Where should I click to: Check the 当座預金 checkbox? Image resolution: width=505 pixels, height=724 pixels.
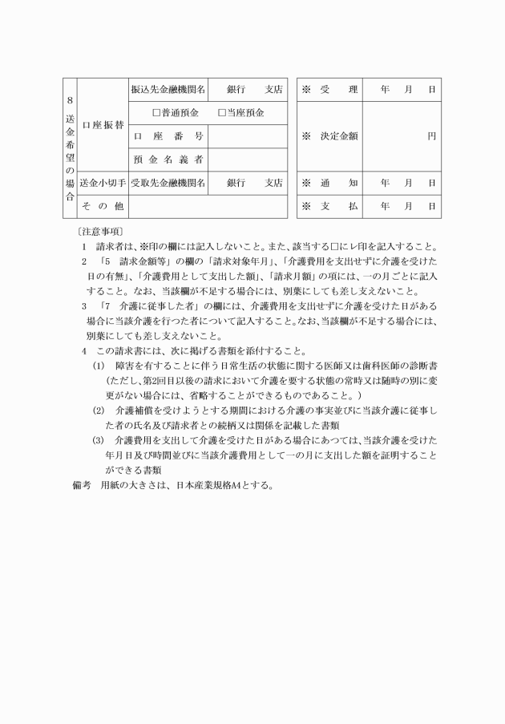tap(222, 112)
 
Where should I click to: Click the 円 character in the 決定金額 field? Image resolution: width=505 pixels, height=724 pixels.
tap(431, 135)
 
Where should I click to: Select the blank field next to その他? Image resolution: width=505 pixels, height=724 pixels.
tap(207, 206)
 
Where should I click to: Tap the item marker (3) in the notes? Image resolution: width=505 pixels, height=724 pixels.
tap(99, 440)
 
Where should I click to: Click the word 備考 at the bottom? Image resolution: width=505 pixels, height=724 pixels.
tap(80, 485)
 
